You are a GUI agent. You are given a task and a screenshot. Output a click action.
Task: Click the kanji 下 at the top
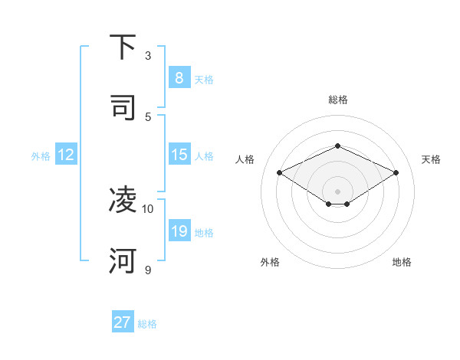point(123,47)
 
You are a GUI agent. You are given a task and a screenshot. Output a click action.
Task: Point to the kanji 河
point(123,260)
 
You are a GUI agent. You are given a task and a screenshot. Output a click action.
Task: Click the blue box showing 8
point(179,77)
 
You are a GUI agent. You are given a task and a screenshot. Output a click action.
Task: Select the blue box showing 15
point(179,155)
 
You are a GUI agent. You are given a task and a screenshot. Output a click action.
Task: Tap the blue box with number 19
point(179,231)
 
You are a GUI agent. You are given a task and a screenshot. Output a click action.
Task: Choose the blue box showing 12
point(65,155)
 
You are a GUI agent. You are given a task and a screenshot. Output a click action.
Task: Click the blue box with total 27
point(122,322)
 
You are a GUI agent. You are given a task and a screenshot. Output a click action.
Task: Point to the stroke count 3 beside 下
point(148,55)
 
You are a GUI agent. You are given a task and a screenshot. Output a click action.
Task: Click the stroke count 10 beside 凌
point(148,208)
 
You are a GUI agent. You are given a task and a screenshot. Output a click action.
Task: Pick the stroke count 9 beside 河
point(148,270)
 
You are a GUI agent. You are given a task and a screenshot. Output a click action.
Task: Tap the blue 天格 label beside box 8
point(204,79)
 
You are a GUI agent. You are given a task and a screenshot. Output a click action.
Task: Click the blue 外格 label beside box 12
point(41,156)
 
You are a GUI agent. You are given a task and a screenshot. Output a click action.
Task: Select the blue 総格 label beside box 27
point(147,324)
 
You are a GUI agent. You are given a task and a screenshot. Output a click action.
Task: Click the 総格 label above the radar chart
point(337,100)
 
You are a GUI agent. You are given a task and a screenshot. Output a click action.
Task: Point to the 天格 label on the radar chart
point(431,159)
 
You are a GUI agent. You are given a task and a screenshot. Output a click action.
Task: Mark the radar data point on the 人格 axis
point(279,172)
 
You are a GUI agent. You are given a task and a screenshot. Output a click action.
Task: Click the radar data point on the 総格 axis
point(337,146)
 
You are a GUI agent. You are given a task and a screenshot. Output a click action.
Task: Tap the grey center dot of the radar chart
point(337,191)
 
